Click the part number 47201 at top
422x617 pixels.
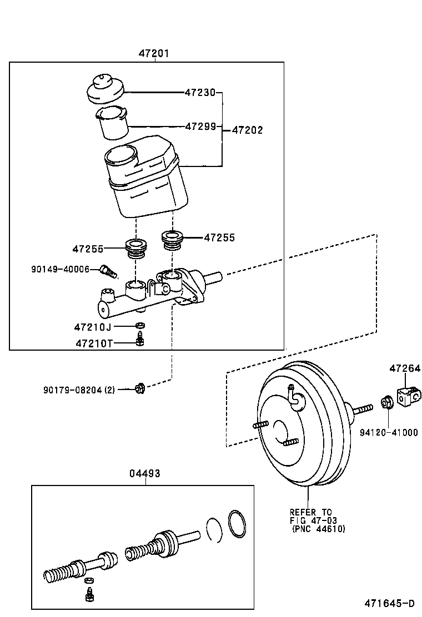coord(154,53)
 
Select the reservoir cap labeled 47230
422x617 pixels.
coord(105,89)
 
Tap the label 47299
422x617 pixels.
coord(200,127)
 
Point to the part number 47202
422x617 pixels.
coord(247,130)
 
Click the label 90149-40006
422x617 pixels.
coord(61,269)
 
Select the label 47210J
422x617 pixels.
coord(93,327)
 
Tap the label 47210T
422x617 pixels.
coord(93,343)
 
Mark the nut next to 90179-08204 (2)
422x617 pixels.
coord(140,388)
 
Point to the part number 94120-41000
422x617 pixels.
coord(388,433)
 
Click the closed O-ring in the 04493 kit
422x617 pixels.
coord(238,524)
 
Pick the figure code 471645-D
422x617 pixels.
coord(389,603)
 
